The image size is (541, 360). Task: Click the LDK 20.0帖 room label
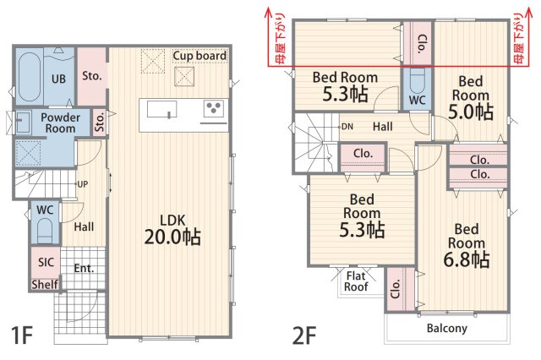(x=172, y=229)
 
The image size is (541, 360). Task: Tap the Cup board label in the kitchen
(x=199, y=56)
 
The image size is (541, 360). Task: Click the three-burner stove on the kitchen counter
(x=214, y=108)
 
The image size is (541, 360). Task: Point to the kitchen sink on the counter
(x=162, y=109)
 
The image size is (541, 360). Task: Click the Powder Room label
(x=60, y=123)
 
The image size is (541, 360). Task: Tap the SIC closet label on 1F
(x=46, y=263)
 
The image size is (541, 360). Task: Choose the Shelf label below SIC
(x=45, y=285)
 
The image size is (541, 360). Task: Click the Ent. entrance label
(x=84, y=268)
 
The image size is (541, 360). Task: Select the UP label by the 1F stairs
(x=83, y=184)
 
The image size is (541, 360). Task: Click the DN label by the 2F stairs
(x=347, y=127)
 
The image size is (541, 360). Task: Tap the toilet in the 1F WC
(x=45, y=231)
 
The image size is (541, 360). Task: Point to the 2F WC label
(x=417, y=101)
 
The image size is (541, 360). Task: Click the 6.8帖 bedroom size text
(x=466, y=259)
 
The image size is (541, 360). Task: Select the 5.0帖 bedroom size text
(x=471, y=112)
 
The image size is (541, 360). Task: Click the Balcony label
(x=447, y=328)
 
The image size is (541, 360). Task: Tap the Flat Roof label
(x=356, y=281)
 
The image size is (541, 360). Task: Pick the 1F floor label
(x=22, y=335)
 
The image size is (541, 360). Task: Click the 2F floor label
(x=304, y=335)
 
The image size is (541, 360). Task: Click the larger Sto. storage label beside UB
(x=92, y=76)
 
